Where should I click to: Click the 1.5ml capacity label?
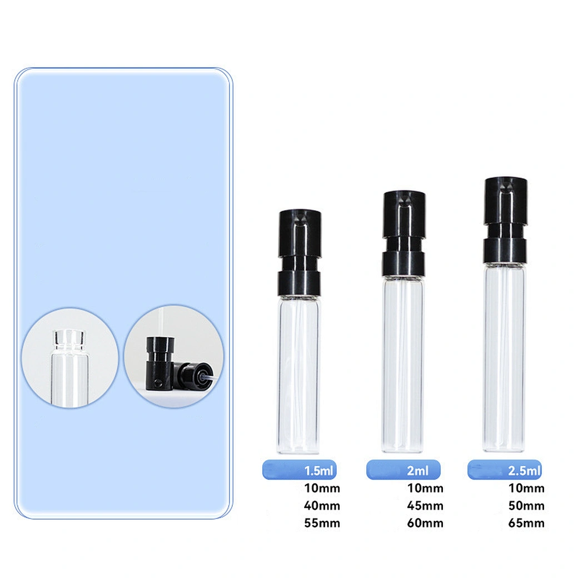319,471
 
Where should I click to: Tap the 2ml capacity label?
417,471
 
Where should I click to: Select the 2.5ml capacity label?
524,471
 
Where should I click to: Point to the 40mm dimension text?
322,506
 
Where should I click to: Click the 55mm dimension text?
322,523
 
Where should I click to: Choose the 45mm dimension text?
425,506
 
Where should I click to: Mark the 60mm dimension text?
425,523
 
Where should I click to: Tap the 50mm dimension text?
526,506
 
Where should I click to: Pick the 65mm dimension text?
526,523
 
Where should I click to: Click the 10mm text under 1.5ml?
322,489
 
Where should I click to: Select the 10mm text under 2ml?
425,489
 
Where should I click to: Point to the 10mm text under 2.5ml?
526,489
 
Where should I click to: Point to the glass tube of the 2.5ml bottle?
505,357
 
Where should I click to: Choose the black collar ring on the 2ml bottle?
403,263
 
